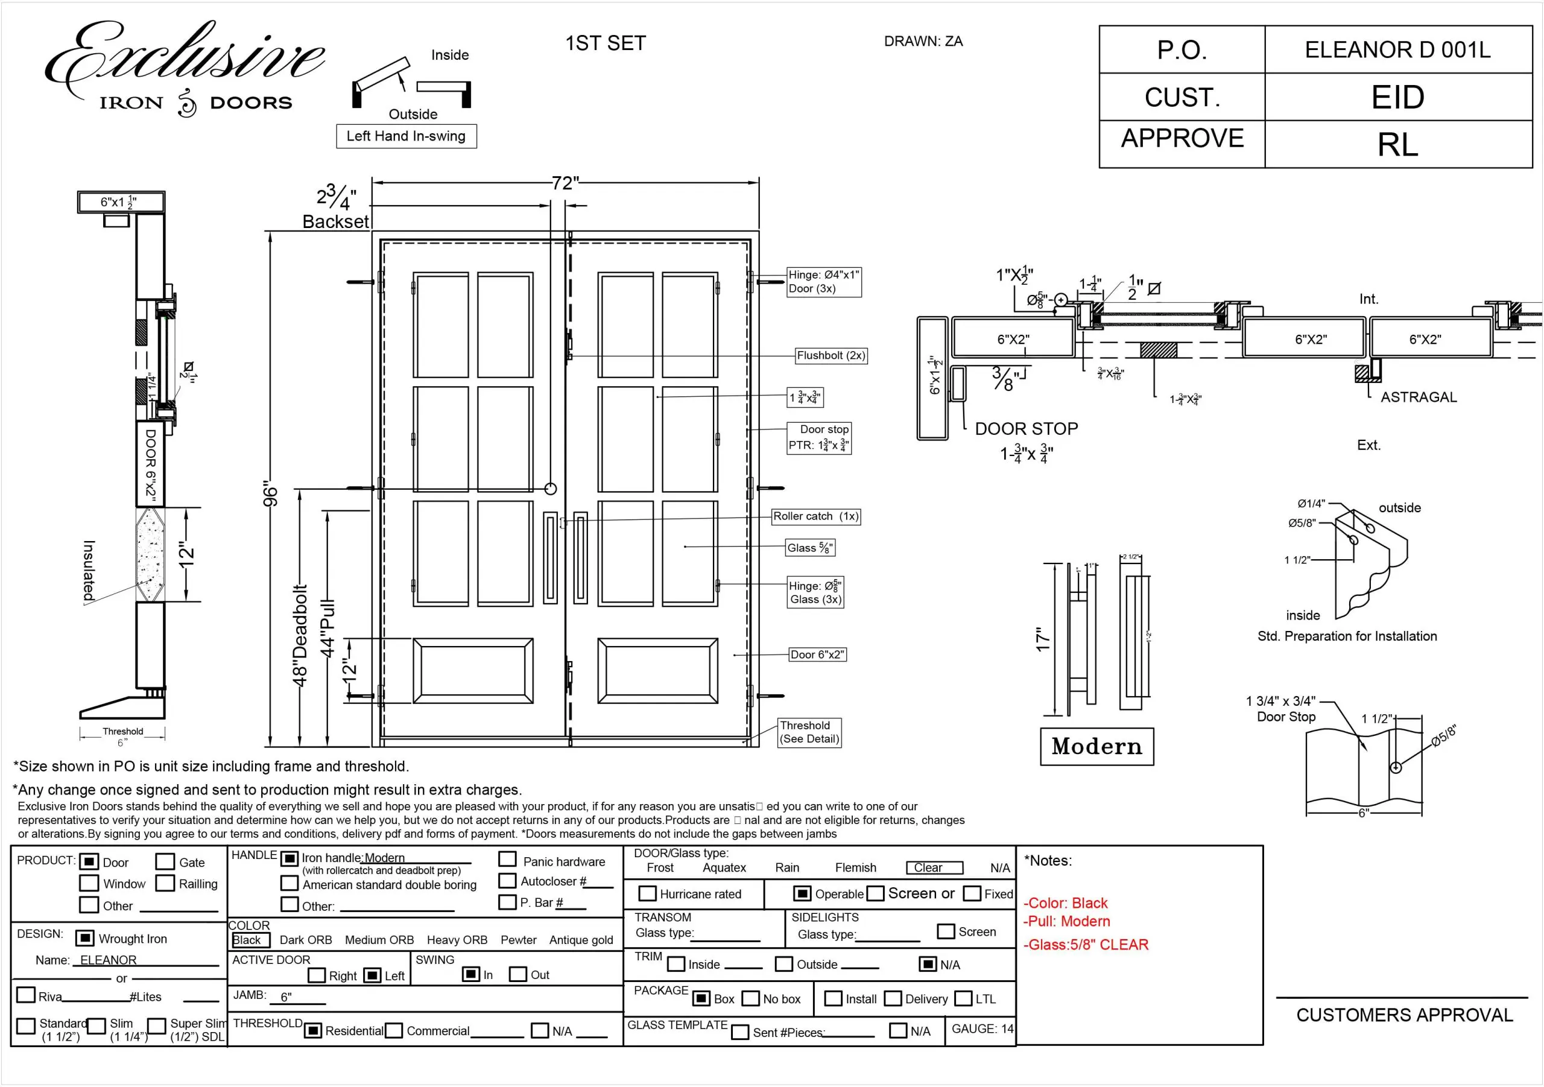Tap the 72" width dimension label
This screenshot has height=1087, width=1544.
point(565,183)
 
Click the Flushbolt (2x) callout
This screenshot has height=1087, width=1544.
point(831,355)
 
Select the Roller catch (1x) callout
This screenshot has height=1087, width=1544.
point(815,516)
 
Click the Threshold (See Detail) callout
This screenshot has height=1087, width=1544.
point(809,732)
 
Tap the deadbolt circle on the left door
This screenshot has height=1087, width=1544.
point(550,489)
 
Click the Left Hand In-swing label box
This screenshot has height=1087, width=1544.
point(406,136)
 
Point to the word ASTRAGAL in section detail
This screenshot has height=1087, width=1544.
point(1418,397)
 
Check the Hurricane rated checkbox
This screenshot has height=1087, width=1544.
point(647,893)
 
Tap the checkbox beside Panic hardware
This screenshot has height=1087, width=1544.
point(508,860)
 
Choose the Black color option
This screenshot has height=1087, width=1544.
point(247,940)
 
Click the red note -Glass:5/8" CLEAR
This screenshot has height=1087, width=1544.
point(1086,945)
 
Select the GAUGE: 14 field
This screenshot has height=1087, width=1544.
point(982,1028)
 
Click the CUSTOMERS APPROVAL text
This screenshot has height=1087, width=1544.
point(1404,1015)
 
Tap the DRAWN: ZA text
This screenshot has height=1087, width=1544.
point(923,42)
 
